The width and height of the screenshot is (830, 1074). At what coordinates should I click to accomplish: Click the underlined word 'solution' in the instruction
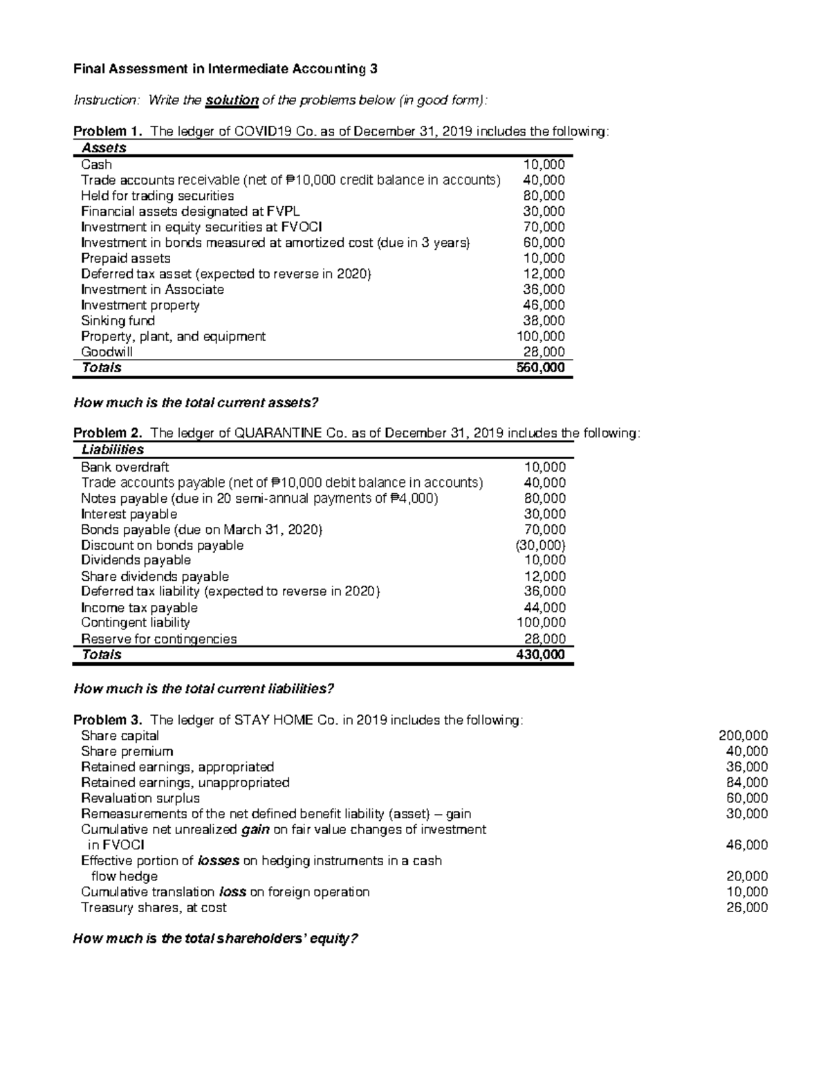(x=232, y=100)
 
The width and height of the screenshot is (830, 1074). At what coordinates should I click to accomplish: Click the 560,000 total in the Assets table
(x=540, y=368)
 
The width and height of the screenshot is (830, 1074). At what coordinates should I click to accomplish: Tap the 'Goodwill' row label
(x=107, y=352)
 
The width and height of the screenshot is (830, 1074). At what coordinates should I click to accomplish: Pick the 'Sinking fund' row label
(x=118, y=321)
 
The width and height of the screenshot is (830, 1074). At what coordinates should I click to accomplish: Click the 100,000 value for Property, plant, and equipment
(x=540, y=337)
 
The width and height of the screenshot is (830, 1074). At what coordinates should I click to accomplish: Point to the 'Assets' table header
(x=104, y=148)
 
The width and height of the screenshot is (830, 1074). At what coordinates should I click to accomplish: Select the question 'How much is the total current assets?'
(x=196, y=402)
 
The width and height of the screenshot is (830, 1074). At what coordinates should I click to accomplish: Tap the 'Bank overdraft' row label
(x=124, y=467)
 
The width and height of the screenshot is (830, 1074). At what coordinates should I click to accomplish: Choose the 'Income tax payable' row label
(x=139, y=608)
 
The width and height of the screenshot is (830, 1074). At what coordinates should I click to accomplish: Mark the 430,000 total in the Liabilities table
(x=540, y=655)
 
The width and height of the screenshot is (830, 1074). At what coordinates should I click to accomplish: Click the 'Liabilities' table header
(x=113, y=450)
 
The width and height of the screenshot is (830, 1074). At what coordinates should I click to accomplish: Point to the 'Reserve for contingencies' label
(x=158, y=639)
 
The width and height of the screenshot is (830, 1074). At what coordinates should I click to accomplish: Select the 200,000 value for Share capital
(x=744, y=736)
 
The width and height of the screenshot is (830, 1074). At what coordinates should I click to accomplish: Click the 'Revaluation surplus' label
(x=140, y=798)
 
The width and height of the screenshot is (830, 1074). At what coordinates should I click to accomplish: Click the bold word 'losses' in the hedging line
(x=219, y=861)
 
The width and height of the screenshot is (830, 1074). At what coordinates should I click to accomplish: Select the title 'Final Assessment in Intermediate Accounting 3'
(x=225, y=69)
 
